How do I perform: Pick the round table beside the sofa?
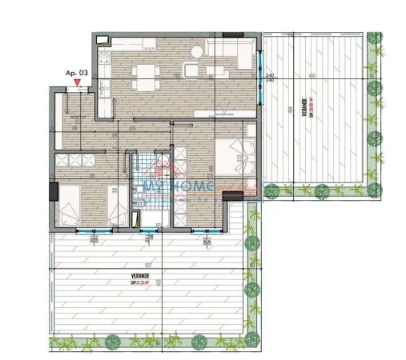coord(192,68)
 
